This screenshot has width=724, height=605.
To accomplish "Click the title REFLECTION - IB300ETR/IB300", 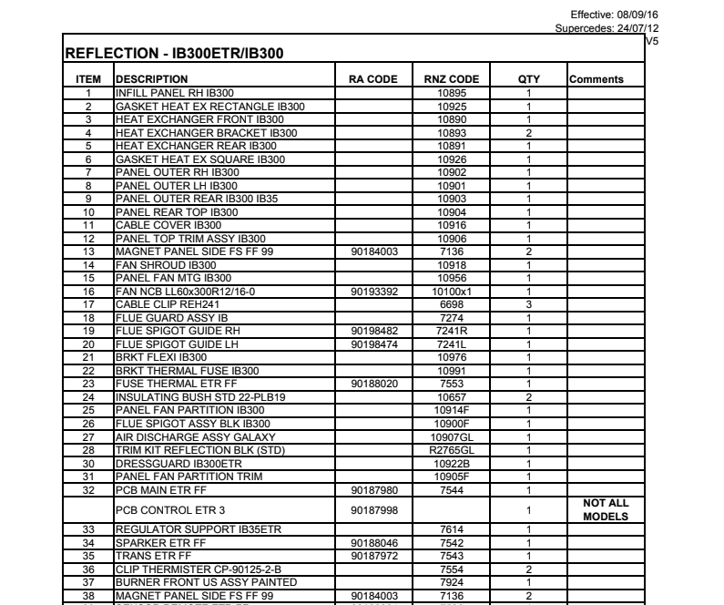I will tap(173, 55).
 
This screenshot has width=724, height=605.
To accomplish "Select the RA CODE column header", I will tap(373, 79).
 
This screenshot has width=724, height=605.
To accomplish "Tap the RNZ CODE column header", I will tap(452, 79).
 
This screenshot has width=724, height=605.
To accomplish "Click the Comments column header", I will tap(597, 79).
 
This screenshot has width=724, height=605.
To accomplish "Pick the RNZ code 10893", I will tap(452, 132).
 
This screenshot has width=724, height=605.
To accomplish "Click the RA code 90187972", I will tap(373, 555).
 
